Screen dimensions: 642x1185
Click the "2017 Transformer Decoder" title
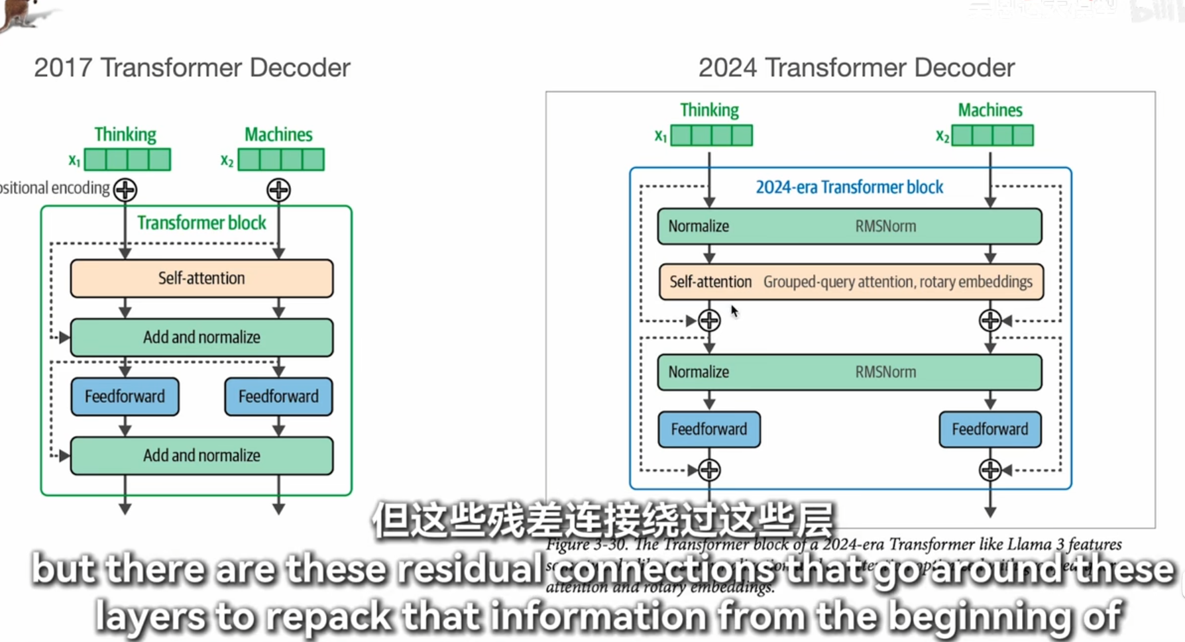coord(192,68)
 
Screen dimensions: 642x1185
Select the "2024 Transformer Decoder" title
coord(856,68)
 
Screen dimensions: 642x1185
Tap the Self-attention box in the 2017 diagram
coord(201,278)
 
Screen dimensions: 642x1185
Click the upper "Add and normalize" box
coord(201,337)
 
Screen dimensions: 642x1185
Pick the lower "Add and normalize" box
coord(201,456)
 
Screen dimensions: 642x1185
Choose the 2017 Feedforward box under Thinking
coord(125,397)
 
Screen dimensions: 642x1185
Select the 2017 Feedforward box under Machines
coord(278,397)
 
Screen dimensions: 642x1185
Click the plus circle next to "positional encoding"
coord(125,190)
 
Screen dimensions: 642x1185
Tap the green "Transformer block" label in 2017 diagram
coord(201,223)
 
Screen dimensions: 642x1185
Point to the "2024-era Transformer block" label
coord(849,187)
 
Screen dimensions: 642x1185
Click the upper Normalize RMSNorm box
coord(849,227)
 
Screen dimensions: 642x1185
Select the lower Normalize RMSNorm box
coord(849,372)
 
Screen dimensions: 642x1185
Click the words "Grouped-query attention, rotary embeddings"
coord(897,282)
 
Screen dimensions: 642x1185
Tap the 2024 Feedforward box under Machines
coord(989,429)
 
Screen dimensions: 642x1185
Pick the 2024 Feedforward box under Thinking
coord(708,429)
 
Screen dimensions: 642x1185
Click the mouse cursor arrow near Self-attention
coord(734,311)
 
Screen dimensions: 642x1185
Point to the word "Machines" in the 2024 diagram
coord(989,110)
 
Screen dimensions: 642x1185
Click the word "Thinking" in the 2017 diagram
coord(125,134)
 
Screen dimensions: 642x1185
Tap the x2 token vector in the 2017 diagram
coord(281,160)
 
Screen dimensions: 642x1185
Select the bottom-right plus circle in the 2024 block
coord(989,470)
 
